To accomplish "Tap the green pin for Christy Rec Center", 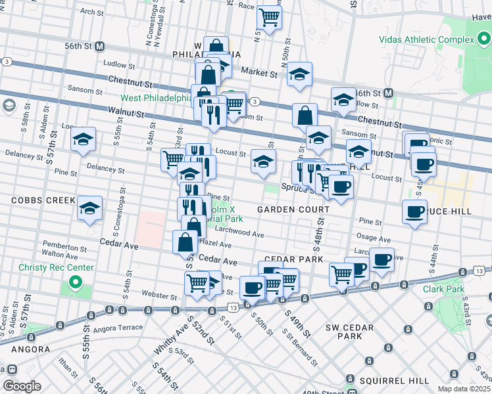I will [x=75, y=284].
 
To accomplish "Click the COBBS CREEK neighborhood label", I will [x=37, y=199].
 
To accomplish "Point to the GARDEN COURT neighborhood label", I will [x=293, y=209].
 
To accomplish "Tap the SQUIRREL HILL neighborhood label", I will [x=387, y=380].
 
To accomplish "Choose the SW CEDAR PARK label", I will [x=350, y=332].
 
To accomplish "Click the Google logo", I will [x=22, y=386].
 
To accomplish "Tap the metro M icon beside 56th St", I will [x=100, y=46].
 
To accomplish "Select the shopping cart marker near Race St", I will [x=268, y=16].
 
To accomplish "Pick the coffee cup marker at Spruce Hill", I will [x=414, y=211].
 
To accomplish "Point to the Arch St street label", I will [x=91, y=12].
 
